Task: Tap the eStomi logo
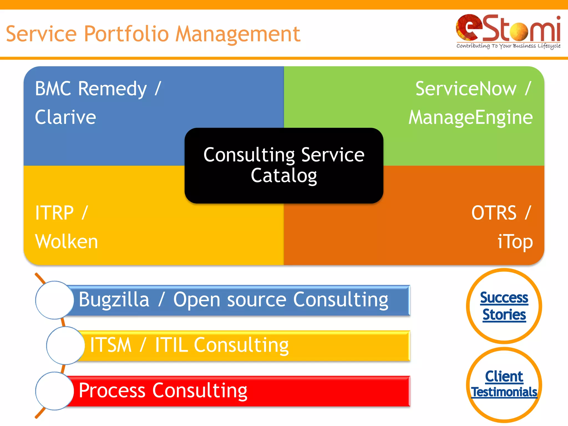pos(508,29)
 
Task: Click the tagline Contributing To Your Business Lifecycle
pos(508,46)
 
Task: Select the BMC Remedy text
pos(91,89)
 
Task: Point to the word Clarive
pos(65,117)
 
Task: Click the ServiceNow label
pos(466,89)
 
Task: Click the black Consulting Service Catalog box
pos(284,165)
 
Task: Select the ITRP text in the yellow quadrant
pos(54,213)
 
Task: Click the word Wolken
pos(67,241)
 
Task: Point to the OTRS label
pos(494,213)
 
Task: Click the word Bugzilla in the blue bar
pos(114,300)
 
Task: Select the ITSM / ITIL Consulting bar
pos(244,346)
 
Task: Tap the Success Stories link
pos(504,306)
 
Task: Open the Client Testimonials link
pos(504,384)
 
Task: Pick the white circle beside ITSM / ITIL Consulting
pos(65,346)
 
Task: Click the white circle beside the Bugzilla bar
pos(55,300)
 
